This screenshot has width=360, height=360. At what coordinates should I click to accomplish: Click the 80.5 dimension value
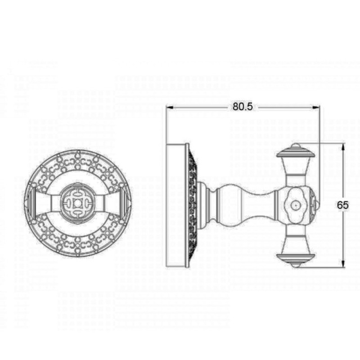(x=243, y=107)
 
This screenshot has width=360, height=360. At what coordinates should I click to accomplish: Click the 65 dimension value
(x=342, y=205)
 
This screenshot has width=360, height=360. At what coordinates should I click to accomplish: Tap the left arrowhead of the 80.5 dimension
(x=170, y=107)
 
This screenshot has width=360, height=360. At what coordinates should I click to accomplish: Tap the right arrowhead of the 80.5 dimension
(x=316, y=107)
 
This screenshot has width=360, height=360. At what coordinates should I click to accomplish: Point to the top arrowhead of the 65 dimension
(x=343, y=147)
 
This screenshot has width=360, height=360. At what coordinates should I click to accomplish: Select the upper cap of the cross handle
(x=296, y=151)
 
